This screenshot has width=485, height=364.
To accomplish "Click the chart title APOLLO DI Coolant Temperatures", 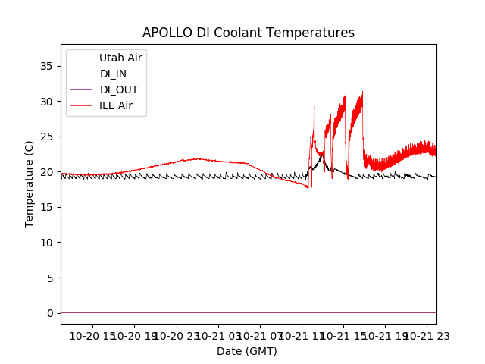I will (x=249, y=33).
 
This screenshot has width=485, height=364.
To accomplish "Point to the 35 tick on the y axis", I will (x=48, y=66).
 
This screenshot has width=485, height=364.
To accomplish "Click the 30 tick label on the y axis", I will (x=48, y=102).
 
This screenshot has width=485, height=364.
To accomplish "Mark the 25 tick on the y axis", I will (x=48, y=136).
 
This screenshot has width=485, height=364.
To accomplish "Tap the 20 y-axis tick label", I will (x=48, y=172).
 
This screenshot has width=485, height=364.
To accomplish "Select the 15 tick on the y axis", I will (x=48, y=207).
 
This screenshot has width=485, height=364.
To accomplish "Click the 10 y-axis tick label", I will (x=48, y=243).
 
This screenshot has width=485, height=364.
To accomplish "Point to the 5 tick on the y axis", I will (x=51, y=278).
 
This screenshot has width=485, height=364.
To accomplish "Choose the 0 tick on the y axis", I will (x=51, y=313).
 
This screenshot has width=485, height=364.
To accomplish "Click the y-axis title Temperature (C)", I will (x=30, y=184).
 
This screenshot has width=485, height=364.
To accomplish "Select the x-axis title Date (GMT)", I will (x=247, y=351).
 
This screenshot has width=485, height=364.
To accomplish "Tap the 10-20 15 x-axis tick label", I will (x=93, y=335).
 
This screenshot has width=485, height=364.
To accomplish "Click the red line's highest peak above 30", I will (x=362, y=92).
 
